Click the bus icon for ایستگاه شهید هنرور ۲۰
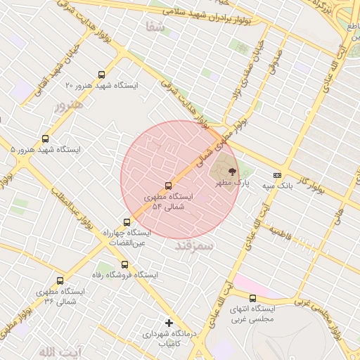pyautogui.click(x=101, y=75)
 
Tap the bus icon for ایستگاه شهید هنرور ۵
pyautogui.click(x=46, y=139)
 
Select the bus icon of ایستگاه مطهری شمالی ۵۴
pyautogui.click(x=167, y=186)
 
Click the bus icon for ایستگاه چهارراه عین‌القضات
pyautogui.click(x=127, y=222)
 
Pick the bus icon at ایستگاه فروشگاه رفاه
pyautogui.click(x=124, y=264)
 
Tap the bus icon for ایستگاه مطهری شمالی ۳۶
pyautogui.click(x=59, y=281)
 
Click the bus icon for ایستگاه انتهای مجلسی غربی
pyautogui.click(x=252, y=298)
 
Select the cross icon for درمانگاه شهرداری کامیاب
pyautogui.click(x=169, y=323)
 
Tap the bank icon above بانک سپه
pyautogui.click(x=277, y=175)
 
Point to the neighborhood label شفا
pyautogui.click(x=154, y=27)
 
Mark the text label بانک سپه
pyautogui.click(x=276, y=186)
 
